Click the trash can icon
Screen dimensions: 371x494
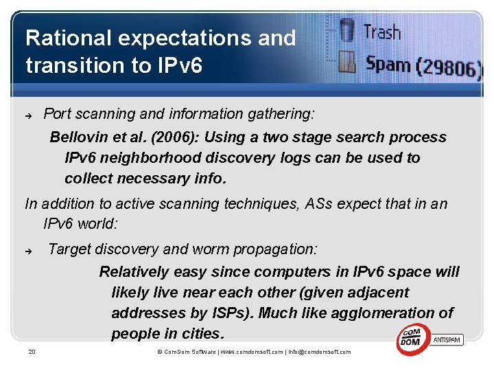(348, 31)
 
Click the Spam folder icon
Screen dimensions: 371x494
(348, 64)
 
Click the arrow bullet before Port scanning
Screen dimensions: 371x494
(30, 115)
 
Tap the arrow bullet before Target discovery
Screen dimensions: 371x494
(30, 250)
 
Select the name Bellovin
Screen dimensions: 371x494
(79, 137)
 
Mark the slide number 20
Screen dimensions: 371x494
(32, 352)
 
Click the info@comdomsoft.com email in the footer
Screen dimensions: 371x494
(319, 352)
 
